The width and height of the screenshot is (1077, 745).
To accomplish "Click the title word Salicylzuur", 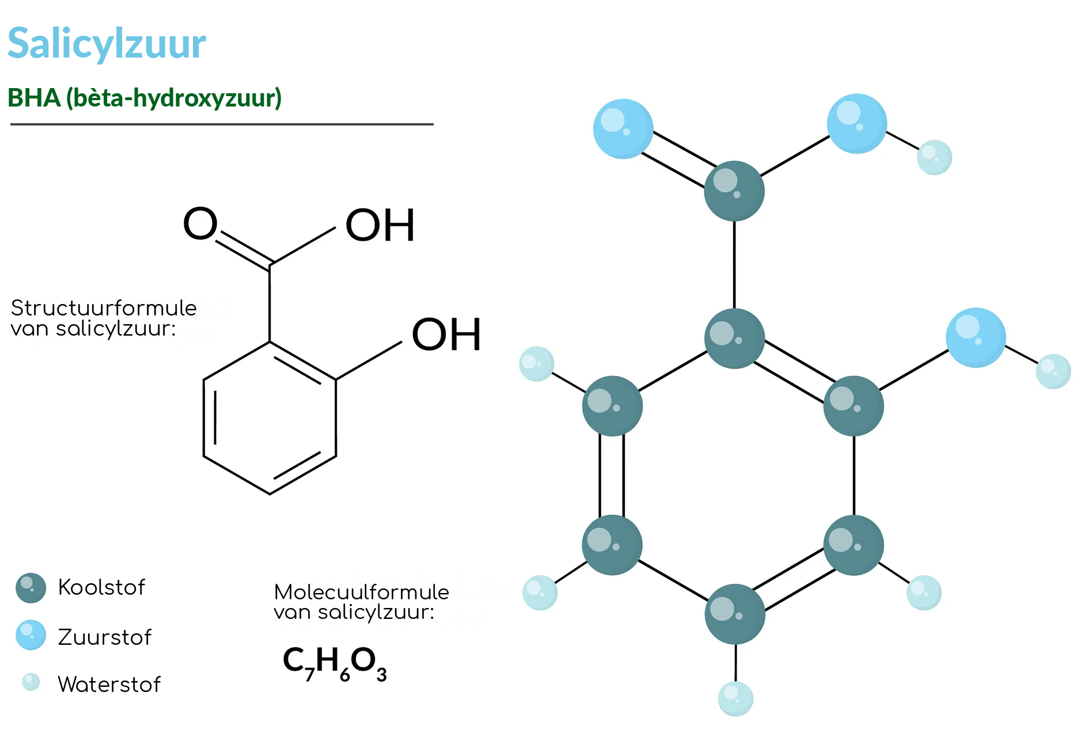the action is [107, 44].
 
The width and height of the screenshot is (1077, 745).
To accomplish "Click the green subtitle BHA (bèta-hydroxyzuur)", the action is [145, 98].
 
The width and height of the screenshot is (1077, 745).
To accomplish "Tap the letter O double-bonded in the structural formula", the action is [200, 223].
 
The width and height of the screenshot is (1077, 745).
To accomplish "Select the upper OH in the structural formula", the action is [380, 225].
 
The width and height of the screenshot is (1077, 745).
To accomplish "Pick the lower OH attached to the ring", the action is [446, 335].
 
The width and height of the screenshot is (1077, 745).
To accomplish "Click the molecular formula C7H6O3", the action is [335, 663].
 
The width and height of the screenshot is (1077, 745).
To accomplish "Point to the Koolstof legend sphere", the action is [31, 588].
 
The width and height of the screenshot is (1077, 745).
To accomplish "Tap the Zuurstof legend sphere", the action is [31, 635].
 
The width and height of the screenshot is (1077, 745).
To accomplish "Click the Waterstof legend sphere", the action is [31, 682].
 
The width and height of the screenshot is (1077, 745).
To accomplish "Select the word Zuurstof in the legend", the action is [105, 637].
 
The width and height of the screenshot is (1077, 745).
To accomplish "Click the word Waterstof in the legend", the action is [109, 685].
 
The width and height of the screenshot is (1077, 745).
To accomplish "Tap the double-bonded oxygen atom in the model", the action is [623, 129].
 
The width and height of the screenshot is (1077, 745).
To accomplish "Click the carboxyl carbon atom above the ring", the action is [734, 191].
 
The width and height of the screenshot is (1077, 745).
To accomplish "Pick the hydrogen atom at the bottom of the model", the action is [735, 699].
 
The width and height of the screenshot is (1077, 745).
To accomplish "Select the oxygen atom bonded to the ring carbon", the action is [976, 338].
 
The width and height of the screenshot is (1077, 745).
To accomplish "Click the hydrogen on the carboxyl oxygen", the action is [934, 157].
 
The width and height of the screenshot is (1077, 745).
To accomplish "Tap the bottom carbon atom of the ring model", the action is [735, 614].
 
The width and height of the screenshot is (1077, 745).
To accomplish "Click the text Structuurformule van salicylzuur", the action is [104, 318].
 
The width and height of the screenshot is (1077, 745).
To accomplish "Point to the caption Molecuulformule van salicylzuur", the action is [361, 602].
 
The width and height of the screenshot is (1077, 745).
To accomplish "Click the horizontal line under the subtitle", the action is [222, 124].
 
